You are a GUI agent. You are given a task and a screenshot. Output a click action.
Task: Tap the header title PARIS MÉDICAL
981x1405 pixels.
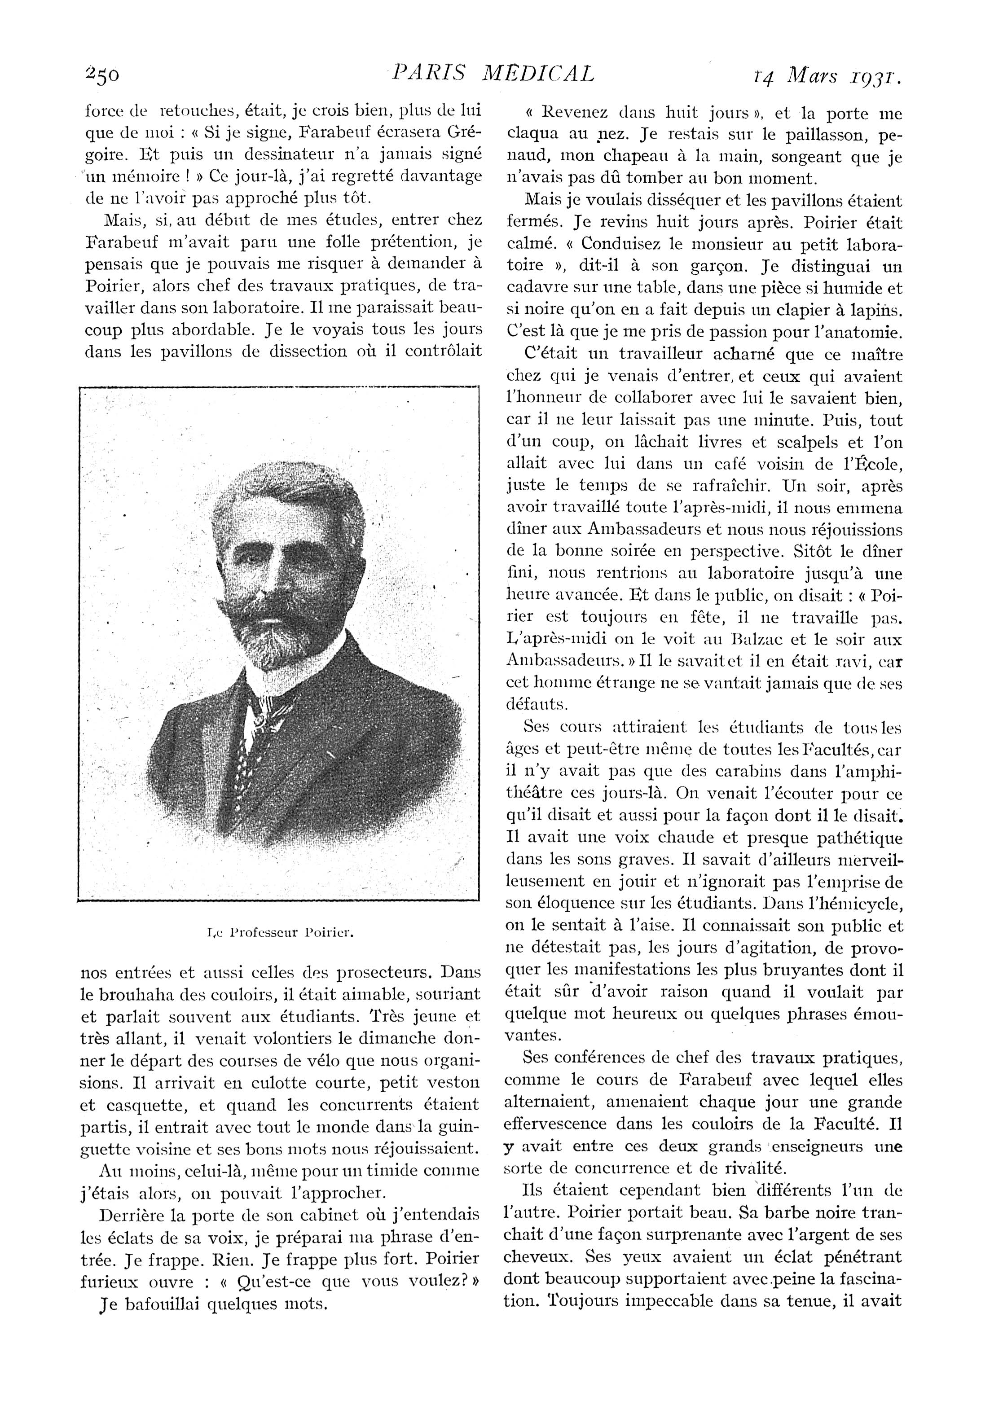[x=493, y=74]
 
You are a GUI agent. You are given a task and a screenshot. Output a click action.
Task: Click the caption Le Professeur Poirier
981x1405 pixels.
[x=281, y=933]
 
